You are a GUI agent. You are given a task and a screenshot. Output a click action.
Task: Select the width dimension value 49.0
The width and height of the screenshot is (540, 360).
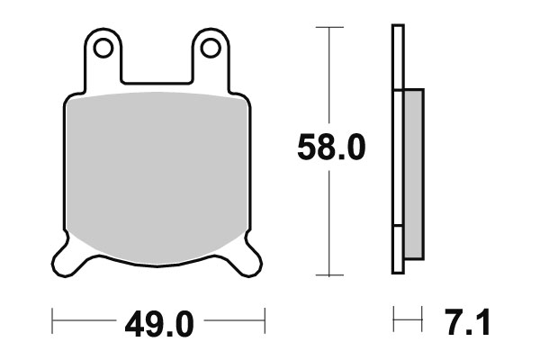tap(158, 322)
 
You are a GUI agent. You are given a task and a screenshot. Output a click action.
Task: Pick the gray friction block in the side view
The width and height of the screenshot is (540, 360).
tap(413, 171)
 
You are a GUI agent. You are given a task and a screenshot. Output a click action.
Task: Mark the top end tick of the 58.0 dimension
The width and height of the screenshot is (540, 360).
tap(331, 27)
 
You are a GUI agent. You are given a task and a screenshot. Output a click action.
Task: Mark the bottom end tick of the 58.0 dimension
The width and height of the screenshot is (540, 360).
tap(331, 274)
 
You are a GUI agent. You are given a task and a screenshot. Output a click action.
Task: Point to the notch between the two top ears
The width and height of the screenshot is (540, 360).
tap(157, 81)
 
